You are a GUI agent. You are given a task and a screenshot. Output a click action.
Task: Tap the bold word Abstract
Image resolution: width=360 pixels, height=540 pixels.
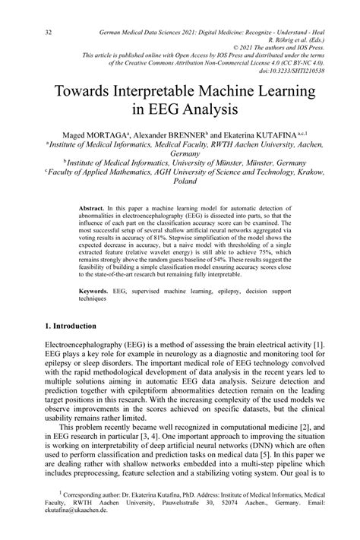[x=93, y=207]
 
